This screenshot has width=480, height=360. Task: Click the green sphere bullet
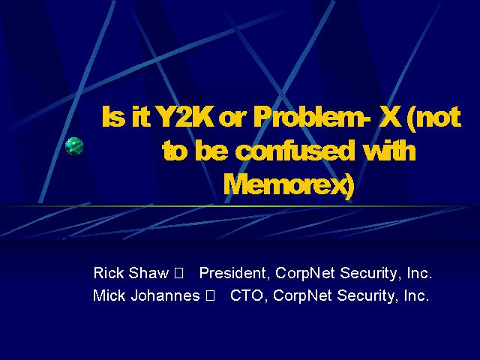(x=74, y=146)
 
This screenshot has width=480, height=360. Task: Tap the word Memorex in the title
(x=284, y=184)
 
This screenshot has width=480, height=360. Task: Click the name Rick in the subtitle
(x=109, y=272)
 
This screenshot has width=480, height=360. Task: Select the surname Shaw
(x=148, y=272)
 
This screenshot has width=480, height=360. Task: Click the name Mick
(x=109, y=295)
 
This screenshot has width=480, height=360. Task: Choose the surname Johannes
(x=165, y=295)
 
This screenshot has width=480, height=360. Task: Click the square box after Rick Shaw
(x=178, y=273)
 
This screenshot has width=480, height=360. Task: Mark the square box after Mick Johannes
(x=210, y=296)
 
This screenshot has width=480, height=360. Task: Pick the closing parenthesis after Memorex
(x=349, y=186)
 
